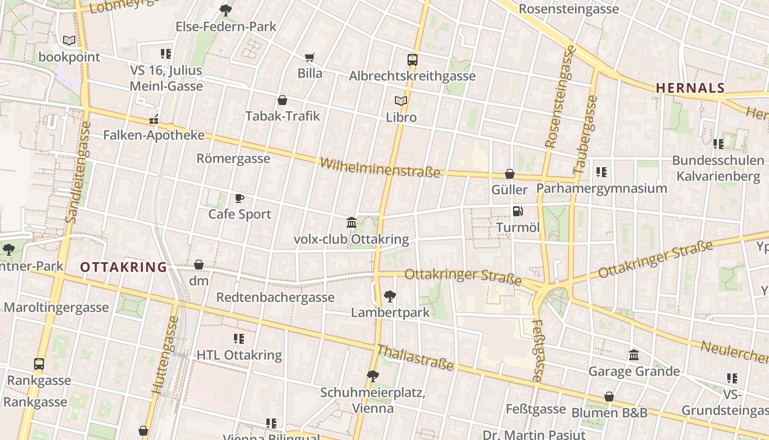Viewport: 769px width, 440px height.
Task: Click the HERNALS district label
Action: pyautogui.click(x=690, y=88)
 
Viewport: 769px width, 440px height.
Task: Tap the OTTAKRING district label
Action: pyautogui.click(x=123, y=267)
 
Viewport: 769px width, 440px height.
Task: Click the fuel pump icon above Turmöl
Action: pyautogui.click(x=517, y=211)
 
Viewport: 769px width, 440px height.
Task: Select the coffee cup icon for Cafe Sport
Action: pyautogui.click(x=239, y=198)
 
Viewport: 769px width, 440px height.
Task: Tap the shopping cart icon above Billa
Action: pyautogui.click(x=310, y=57)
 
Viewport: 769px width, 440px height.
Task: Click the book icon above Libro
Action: pyautogui.click(x=401, y=101)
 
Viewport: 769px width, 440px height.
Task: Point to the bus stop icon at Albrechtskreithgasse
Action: pyautogui.click(x=413, y=59)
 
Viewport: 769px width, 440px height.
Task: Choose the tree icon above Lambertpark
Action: pyautogui.click(x=390, y=296)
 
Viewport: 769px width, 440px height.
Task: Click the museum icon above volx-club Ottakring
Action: pyautogui.click(x=352, y=223)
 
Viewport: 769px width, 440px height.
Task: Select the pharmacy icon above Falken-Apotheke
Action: pyautogui.click(x=154, y=119)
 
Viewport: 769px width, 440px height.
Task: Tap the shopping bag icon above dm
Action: pyautogui.click(x=199, y=265)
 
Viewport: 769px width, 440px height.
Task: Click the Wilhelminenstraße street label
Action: pyautogui.click(x=380, y=168)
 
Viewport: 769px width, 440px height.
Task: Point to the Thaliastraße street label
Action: pyautogui.click(x=415, y=358)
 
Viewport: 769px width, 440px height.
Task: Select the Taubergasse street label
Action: pyautogui.click(x=585, y=135)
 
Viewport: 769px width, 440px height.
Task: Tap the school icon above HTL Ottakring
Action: pyautogui.click(x=239, y=339)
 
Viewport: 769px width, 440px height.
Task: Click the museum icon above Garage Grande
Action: pyautogui.click(x=634, y=355)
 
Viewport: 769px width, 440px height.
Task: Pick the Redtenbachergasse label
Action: pyautogui.click(x=275, y=298)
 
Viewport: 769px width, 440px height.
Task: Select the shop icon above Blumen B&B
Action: pyautogui.click(x=609, y=397)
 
